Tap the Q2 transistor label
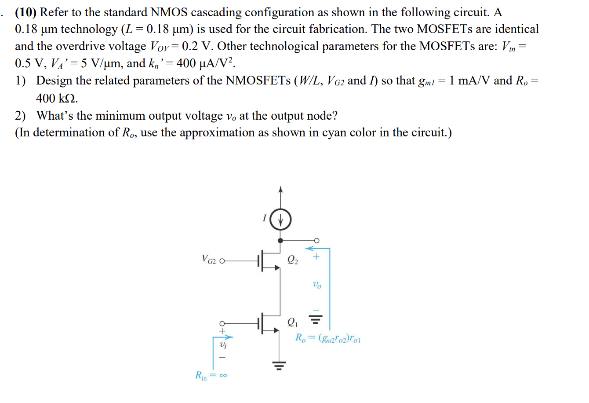(x=293, y=260)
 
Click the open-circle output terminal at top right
(x=316, y=241)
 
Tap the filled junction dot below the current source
(x=280, y=241)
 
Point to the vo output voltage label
(x=317, y=285)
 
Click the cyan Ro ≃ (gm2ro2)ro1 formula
(x=328, y=338)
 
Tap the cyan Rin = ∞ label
(x=211, y=376)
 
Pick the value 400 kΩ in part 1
(x=57, y=98)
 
